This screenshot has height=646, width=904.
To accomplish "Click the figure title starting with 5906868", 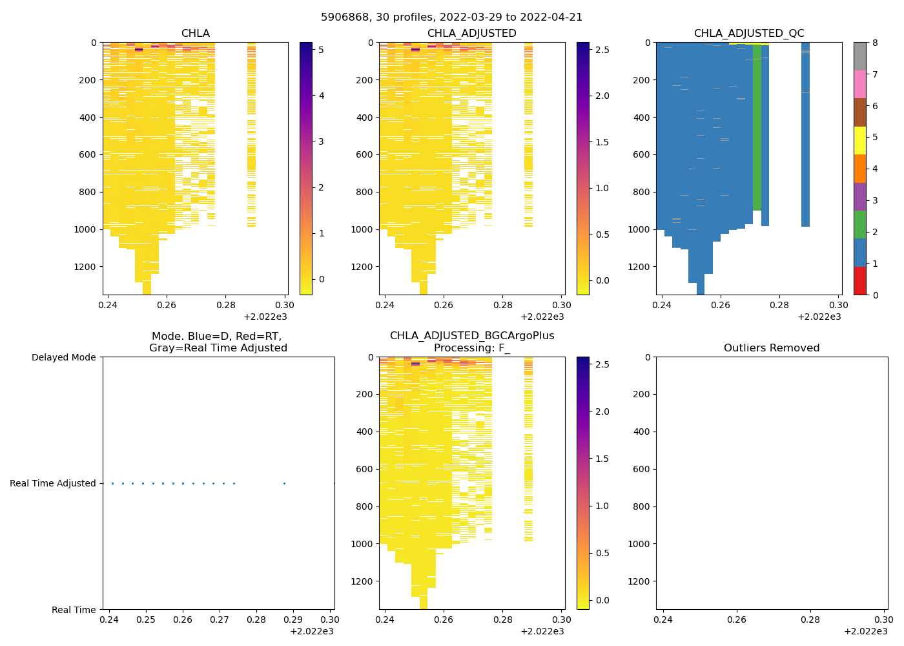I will pos(451,17).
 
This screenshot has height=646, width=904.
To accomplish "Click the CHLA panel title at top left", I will pos(195,34).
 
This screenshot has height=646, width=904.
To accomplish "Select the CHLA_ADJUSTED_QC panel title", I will pos(749,34).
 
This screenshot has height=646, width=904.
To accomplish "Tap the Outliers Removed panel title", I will pos(772,348).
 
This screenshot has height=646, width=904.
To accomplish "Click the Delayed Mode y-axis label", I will pos(63,357).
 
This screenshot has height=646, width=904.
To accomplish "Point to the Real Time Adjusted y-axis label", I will pos(53,483).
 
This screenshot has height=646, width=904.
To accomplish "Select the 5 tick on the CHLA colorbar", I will pos(322,50).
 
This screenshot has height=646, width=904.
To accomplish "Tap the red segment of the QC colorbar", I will pos(859,281).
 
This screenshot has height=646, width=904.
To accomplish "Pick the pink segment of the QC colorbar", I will pos(859,84).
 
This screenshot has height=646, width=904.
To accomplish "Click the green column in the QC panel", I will pos(757,129).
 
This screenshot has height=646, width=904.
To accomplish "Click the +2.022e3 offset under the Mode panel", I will pos(312,631).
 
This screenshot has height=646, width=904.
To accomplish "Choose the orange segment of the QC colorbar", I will pos(859,169).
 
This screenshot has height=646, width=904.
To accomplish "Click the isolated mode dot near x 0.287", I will pos(284,483).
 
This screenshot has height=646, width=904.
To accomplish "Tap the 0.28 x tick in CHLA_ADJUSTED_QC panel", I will pos(779,306).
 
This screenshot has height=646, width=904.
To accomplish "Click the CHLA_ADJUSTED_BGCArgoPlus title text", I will pos(472,336).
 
